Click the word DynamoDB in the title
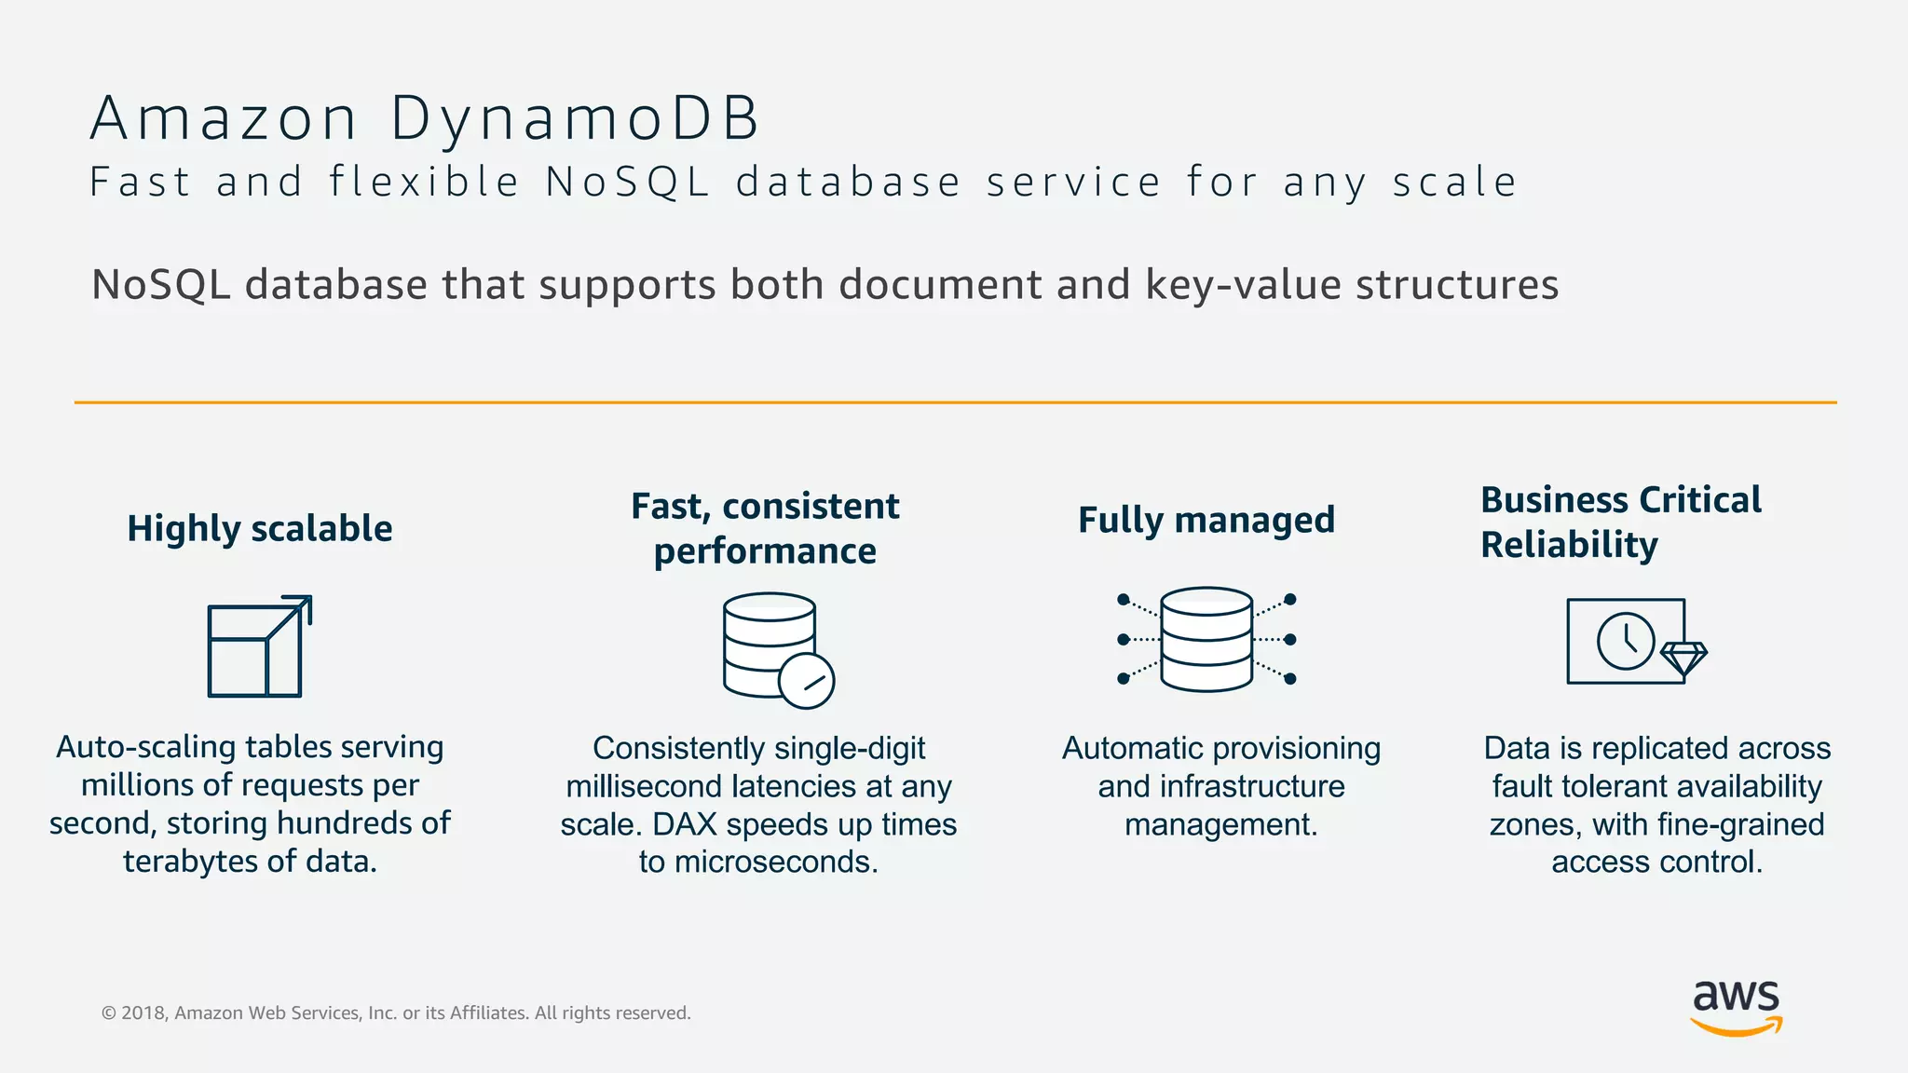pos(575,119)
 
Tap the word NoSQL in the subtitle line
pos(628,182)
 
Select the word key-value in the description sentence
pos(1242,285)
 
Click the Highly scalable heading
pos(259,528)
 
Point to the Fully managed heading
pos(1206,520)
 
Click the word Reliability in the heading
pos(1569,545)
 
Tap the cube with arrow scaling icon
pos(258,647)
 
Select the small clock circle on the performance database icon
pos(806,682)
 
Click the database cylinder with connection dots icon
pos(1206,639)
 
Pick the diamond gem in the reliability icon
pos(1683,659)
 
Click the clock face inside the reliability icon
pos(1626,640)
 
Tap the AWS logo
pos(1736,1007)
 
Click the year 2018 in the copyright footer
pos(143,1013)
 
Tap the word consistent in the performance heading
pos(811,507)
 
